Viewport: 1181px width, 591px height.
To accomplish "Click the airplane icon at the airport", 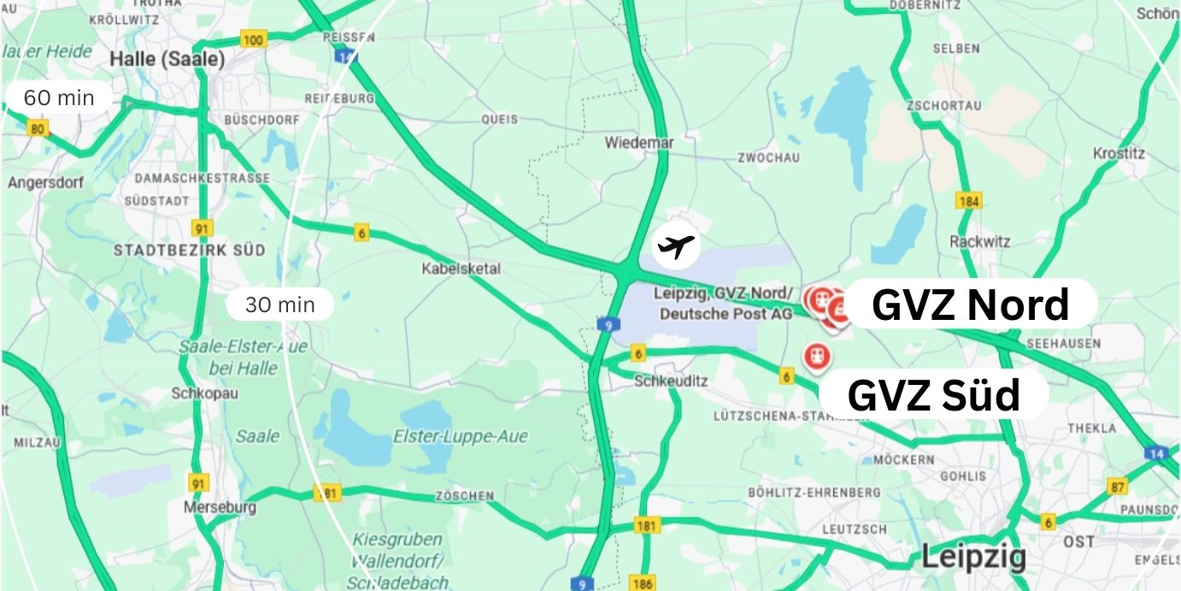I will tap(677, 247).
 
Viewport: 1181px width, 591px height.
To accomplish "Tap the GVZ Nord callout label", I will tap(970, 304).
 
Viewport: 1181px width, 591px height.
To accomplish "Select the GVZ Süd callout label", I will tap(933, 395).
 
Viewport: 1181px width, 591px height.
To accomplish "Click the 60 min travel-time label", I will tap(58, 98).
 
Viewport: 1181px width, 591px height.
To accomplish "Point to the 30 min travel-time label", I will tap(279, 304).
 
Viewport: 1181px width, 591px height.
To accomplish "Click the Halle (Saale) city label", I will tap(167, 60).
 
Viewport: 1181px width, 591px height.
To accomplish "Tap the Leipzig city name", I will tap(973, 558).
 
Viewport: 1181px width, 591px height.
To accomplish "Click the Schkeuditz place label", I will tap(671, 381).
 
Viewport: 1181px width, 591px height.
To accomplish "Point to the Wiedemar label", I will tap(639, 143).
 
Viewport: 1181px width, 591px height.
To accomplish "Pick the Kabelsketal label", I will tap(461, 269).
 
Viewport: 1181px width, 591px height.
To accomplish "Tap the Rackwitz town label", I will tap(979, 242).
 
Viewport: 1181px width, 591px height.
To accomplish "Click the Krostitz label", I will tap(1119, 154).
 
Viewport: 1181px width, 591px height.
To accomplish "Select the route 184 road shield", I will tap(968, 201).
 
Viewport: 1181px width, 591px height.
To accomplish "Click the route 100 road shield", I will tap(253, 38).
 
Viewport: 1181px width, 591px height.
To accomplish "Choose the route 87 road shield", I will tap(1117, 487).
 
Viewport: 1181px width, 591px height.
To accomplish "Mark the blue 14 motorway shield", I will tap(1156, 452).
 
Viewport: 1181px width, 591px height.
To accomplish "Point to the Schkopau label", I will tap(192, 393).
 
